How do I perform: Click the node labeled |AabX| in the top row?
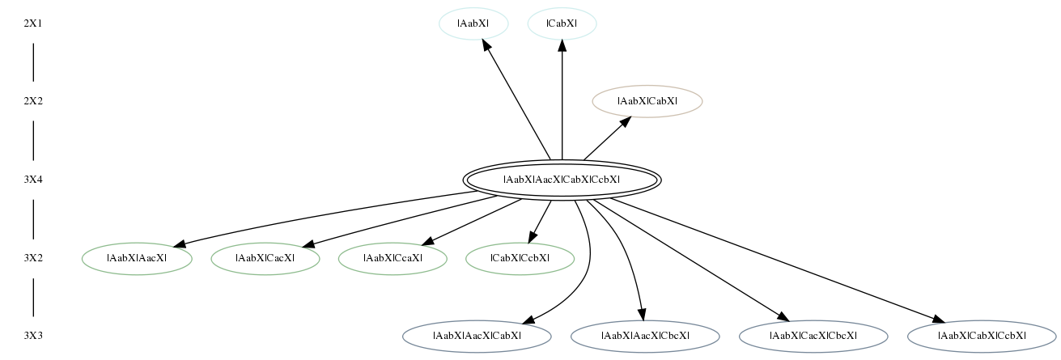[473, 23]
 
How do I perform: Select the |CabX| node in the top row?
[562, 23]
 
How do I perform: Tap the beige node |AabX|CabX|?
[647, 101]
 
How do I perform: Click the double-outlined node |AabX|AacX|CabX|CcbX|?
[562, 180]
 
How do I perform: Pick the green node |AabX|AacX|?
[137, 259]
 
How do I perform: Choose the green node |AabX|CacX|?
[265, 259]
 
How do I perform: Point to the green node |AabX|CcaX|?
[393, 259]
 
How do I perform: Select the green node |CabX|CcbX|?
[520, 259]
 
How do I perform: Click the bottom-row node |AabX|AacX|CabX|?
[477, 337]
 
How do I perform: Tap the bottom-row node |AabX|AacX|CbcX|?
[645, 337]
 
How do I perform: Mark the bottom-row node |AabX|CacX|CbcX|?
[813, 337]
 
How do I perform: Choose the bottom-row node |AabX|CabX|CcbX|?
[982, 337]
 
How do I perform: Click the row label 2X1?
[33, 23]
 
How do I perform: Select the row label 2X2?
[33, 101]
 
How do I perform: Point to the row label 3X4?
[33, 180]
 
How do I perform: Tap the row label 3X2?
[33, 258]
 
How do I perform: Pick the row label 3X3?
[33, 336]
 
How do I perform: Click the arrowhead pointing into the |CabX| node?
[562, 45]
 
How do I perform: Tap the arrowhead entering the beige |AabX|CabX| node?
[626, 122]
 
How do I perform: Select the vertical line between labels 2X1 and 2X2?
[33, 62]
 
